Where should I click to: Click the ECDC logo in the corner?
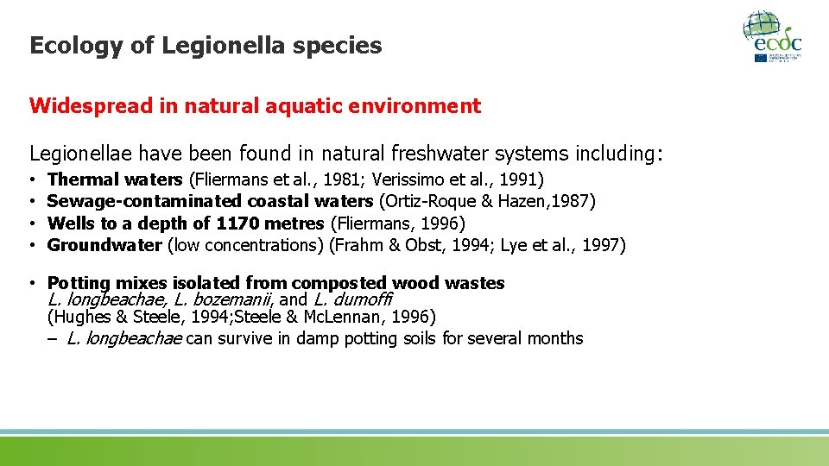point(773,35)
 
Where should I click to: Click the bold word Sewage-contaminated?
point(144,202)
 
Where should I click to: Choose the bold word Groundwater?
point(104,245)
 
